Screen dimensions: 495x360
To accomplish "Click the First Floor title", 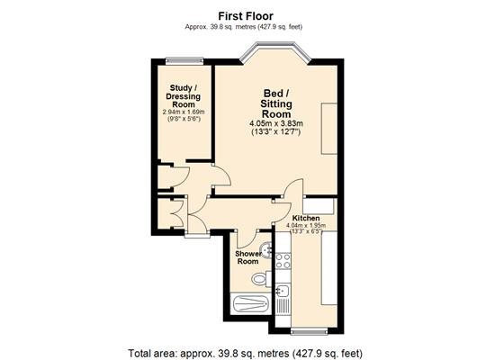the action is point(246,16).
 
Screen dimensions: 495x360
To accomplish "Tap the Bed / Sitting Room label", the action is point(276,103).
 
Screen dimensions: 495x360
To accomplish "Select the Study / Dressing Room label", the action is point(183,96).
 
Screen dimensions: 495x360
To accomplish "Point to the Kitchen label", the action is point(306,218).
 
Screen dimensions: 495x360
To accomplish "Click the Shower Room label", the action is point(248,257).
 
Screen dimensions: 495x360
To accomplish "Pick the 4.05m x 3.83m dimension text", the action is point(276,123).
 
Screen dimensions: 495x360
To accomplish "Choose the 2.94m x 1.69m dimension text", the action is point(184,112).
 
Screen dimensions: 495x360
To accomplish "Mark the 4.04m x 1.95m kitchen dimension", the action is point(306,226).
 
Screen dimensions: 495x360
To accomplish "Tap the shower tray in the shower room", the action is point(251,303).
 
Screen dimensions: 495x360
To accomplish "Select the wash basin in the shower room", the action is point(266,250).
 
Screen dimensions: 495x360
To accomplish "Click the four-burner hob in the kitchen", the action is point(283,261).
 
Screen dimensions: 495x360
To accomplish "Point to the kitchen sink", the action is point(283,291).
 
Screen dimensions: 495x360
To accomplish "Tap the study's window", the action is point(184,61).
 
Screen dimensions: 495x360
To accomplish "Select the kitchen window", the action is point(310,330).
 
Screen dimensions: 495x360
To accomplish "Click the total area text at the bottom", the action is point(245,353).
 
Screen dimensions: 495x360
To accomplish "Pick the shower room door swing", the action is point(248,238).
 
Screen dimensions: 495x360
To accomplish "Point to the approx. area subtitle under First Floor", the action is point(243,27).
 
